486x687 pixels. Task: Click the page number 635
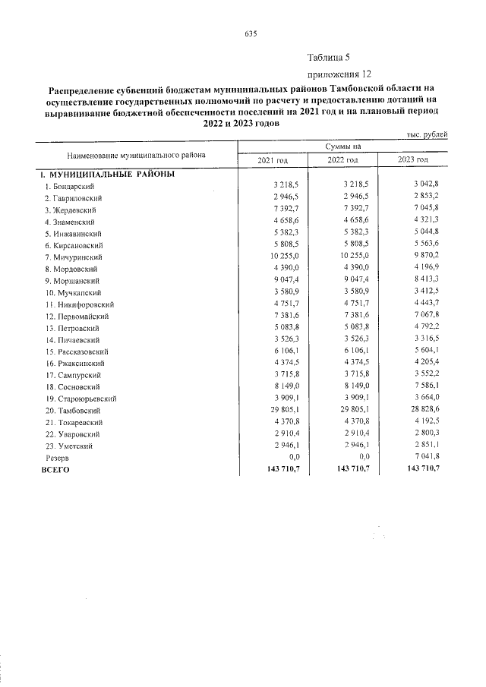coord(252,33)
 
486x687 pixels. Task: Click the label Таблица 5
coord(328,58)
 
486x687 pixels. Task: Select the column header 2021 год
coord(273,160)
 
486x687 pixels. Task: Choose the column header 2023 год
coord(412,160)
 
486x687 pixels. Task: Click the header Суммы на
coord(342,147)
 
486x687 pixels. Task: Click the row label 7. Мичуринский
coord(74,258)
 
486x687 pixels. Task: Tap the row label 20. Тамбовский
coord(72,411)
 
